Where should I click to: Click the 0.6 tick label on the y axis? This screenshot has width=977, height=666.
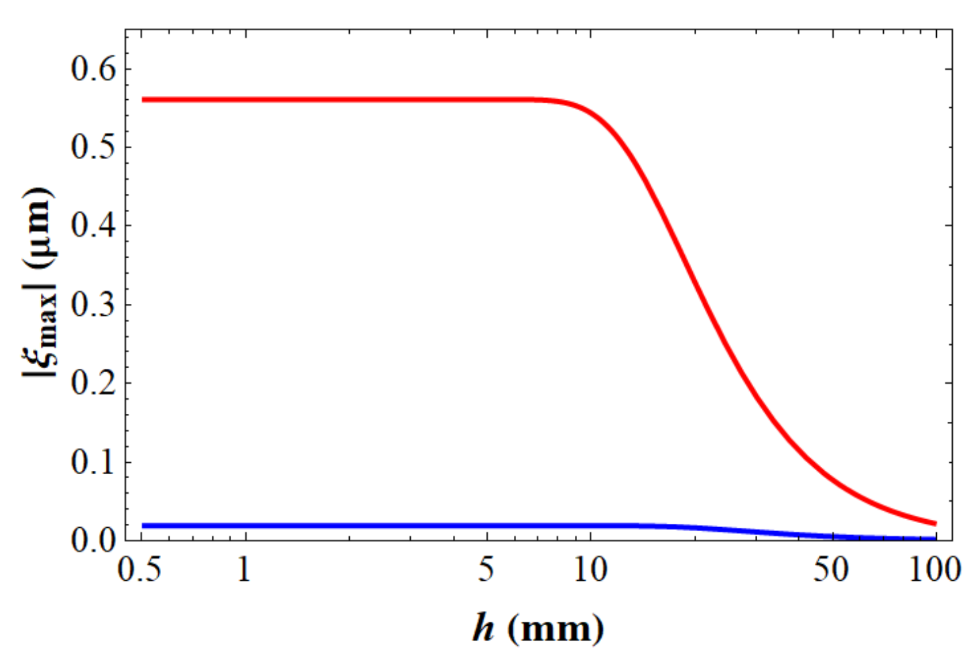tap(93, 69)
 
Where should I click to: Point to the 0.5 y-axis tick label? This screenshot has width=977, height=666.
tap(93, 148)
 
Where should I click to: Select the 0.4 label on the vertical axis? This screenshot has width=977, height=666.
tap(93, 226)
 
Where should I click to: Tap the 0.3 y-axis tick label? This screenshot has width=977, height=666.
tap(93, 304)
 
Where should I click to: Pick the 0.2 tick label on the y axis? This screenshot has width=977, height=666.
tap(93, 383)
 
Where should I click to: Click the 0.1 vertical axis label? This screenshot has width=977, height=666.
tap(93, 462)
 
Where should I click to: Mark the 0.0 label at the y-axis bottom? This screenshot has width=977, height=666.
tap(93, 540)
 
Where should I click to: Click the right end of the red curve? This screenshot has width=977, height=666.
tap(935, 524)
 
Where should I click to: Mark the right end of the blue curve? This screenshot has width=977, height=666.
tap(935, 539)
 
